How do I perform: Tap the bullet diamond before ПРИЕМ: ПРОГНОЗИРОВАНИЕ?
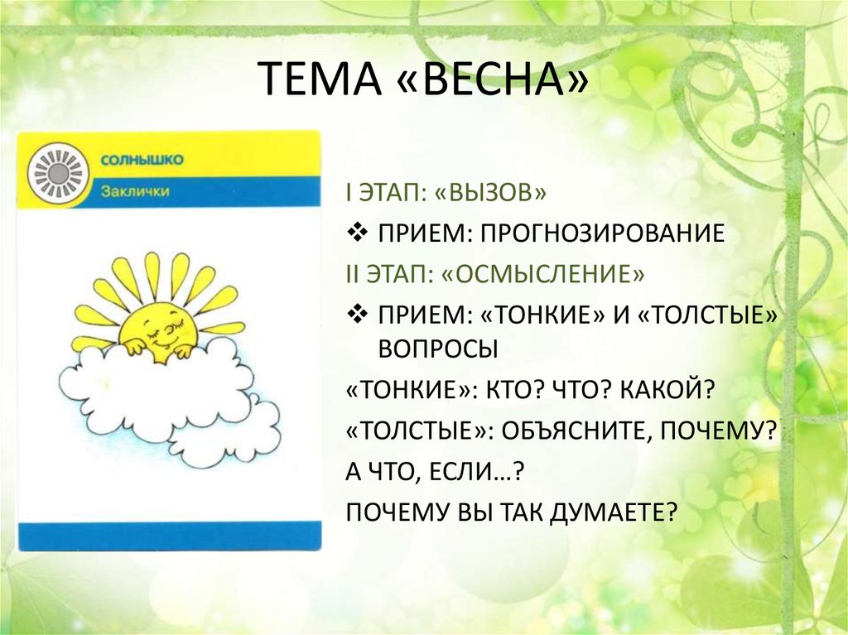357,232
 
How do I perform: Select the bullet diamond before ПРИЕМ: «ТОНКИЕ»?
357,312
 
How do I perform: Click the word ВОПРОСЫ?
437,349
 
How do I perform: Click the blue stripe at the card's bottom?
170,536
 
